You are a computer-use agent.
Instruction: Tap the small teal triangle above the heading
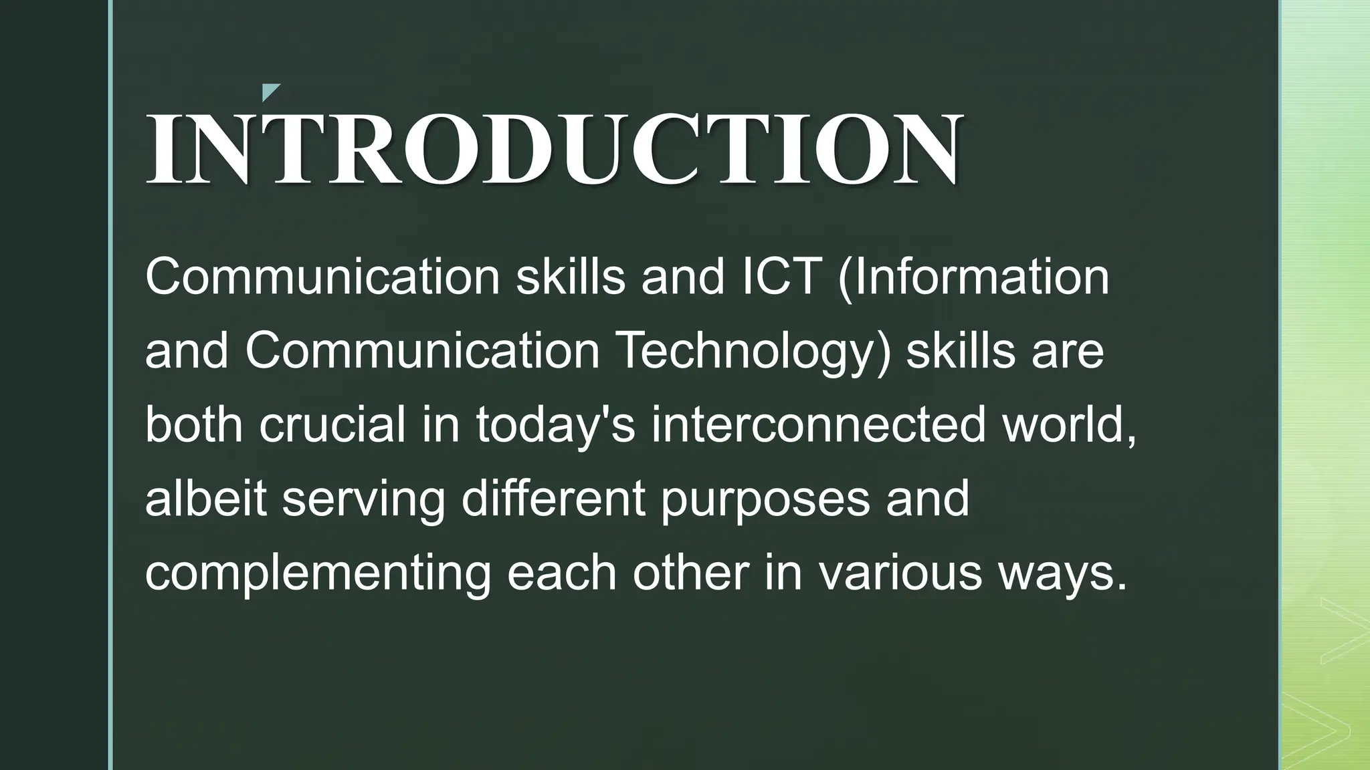pyautogui.click(x=269, y=92)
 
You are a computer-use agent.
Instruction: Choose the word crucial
pyautogui.click(x=332, y=425)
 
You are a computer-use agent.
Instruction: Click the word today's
pyautogui.click(x=555, y=425)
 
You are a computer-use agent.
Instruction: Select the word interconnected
pyautogui.click(x=818, y=425)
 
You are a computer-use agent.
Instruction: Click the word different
pyautogui.click(x=553, y=499)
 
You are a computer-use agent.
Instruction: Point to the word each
pyautogui.click(x=561, y=573)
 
